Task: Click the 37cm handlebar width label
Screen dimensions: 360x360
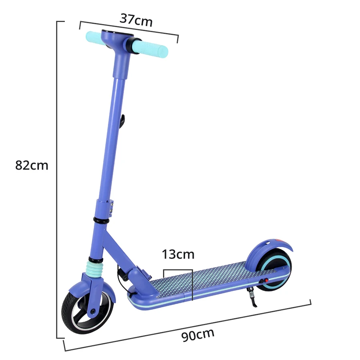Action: pos(136,19)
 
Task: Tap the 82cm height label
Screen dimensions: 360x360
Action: pos(32,165)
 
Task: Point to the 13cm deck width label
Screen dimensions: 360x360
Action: pos(178,254)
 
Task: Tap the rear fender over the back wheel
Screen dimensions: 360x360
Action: pos(268,248)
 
